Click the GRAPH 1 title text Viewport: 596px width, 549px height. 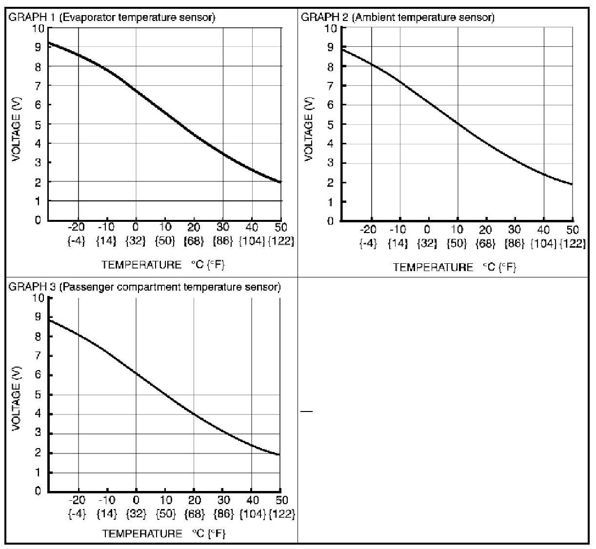(112, 18)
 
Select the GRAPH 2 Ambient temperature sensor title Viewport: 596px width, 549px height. (397, 18)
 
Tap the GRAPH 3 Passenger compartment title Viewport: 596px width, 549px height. (144, 287)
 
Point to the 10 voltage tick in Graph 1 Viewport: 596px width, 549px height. (39, 28)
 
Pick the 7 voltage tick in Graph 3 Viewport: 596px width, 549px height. (38, 356)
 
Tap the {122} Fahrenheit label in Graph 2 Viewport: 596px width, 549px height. (573, 243)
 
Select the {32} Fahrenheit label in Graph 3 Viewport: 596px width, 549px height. (136, 513)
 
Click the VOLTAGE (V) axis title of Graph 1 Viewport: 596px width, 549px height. (18, 124)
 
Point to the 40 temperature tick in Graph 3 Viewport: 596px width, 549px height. (252, 500)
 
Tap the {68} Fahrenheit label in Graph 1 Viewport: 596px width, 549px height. (194, 241)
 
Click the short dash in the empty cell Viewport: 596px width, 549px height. (306, 412)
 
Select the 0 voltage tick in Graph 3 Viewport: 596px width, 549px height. (38, 491)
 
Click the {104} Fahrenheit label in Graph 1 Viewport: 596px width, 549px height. (252, 241)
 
